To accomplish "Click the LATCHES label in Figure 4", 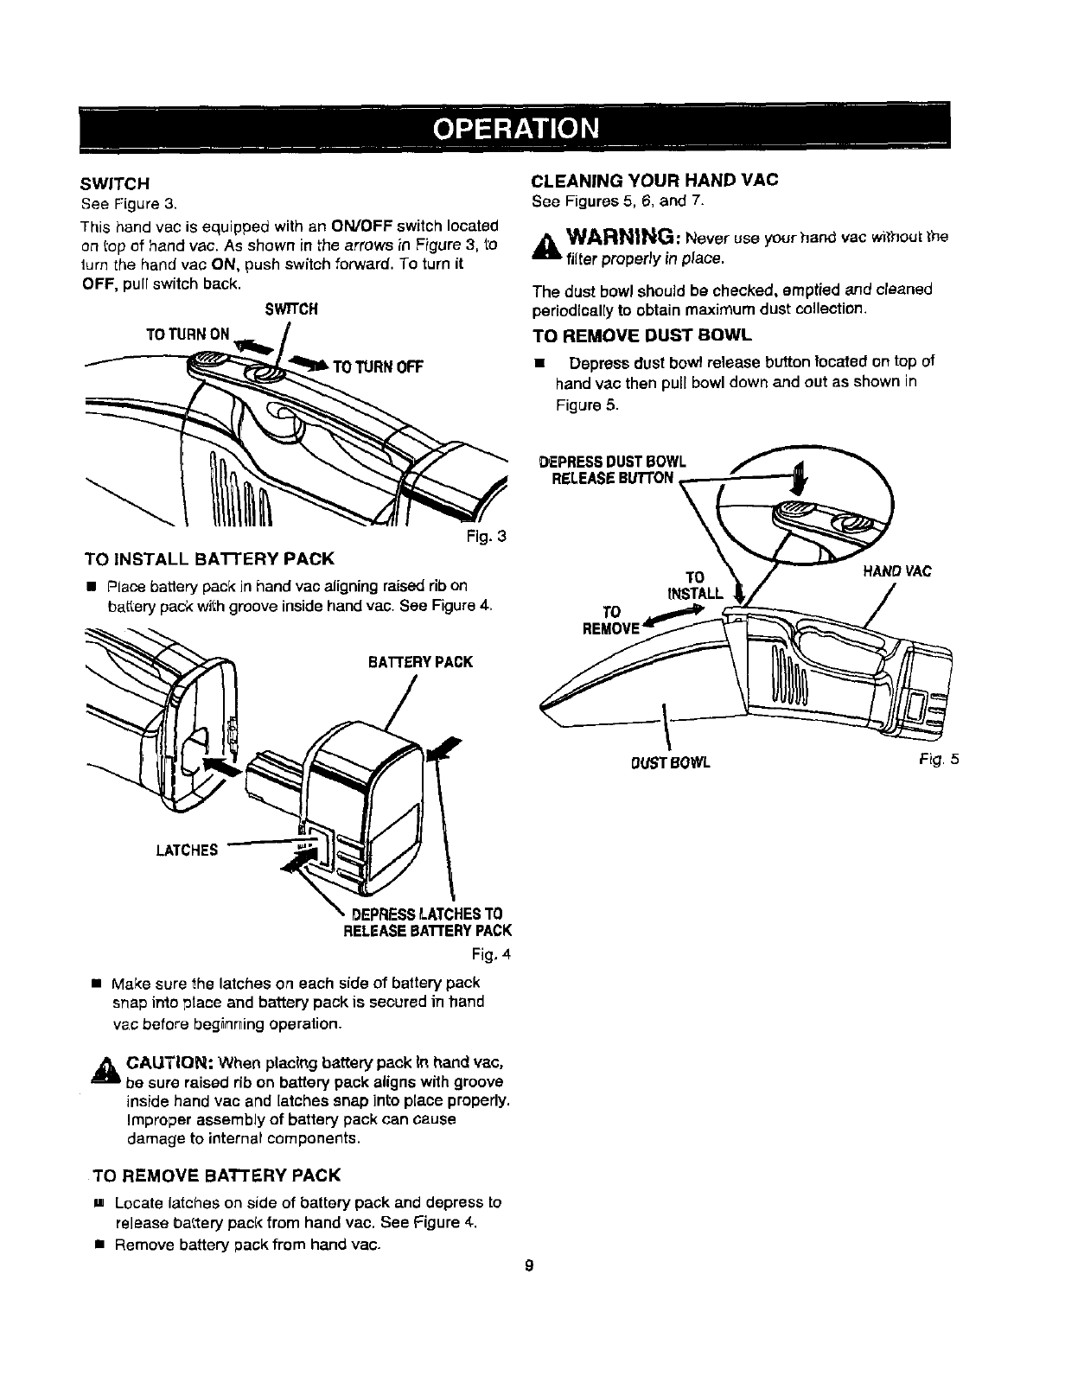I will coord(187,850).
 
